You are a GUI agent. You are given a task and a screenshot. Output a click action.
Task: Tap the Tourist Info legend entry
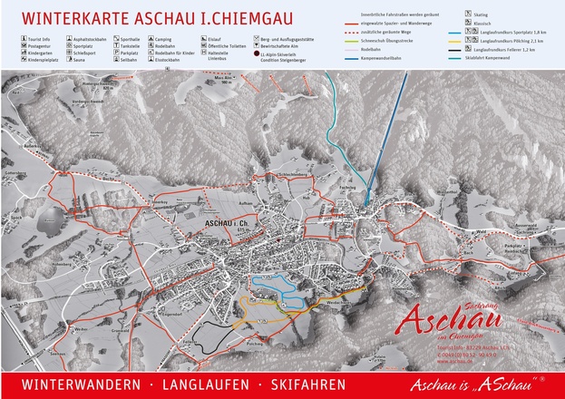[x=41, y=41]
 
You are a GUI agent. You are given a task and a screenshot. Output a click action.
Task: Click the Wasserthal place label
[x=446, y=192]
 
